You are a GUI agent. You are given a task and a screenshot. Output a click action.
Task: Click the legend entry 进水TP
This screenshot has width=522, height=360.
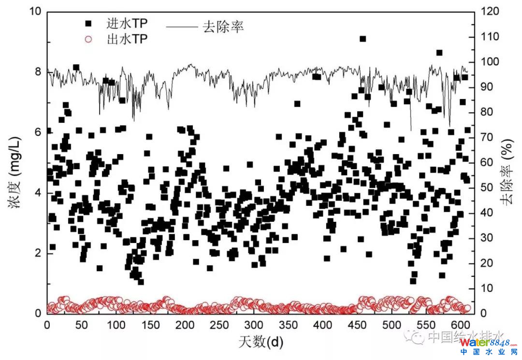coord(127,23)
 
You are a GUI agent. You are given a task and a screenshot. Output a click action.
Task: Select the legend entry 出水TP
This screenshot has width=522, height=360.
coord(127,39)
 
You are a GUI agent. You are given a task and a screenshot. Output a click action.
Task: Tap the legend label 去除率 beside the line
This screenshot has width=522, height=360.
coord(223,26)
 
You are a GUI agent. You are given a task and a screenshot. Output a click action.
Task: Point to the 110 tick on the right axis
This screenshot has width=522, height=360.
coord(489,37)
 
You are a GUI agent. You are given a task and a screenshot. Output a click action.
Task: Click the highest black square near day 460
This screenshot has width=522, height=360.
coord(362,39)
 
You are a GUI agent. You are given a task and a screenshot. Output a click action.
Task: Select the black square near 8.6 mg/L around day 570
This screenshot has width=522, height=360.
coord(439,53)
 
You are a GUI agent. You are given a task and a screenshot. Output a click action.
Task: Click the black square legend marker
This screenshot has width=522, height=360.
coord(88,23)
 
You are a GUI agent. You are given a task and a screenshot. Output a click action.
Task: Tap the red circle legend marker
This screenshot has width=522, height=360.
coord(88,39)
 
